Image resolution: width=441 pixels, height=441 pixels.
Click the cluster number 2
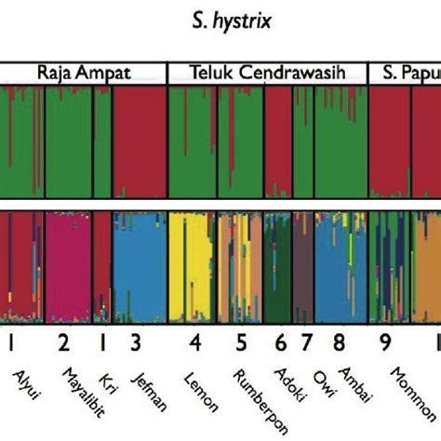click(63, 343)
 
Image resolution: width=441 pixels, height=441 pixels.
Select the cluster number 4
click(195, 343)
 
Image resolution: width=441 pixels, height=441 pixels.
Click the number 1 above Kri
click(102, 343)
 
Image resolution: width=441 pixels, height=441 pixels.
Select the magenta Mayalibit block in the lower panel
click(68, 265)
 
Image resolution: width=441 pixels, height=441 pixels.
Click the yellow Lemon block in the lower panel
click(190, 265)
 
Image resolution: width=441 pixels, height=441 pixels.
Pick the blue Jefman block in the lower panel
click(139, 265)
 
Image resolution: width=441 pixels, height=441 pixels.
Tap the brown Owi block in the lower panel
click(302, 265)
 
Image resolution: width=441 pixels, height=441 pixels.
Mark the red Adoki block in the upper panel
click(278, 140)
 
